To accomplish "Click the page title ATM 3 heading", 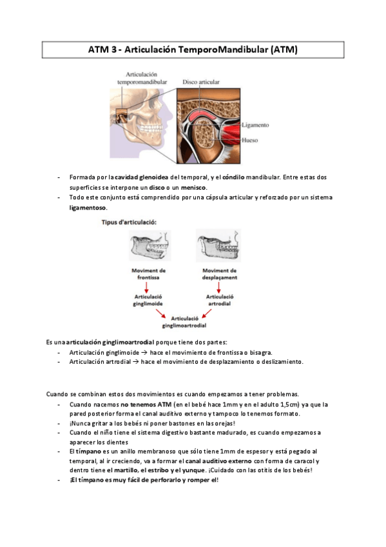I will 193,50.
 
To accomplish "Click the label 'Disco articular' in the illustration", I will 201,83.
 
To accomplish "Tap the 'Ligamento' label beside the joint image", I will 255,125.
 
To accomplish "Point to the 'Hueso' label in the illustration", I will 249,139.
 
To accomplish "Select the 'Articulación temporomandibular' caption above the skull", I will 142,79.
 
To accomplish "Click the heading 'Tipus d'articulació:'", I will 128,222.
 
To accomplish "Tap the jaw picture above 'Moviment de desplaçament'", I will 219,246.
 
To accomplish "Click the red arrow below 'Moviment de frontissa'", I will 148,286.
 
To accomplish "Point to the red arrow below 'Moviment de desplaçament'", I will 219,286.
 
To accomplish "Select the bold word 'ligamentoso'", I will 88,208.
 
